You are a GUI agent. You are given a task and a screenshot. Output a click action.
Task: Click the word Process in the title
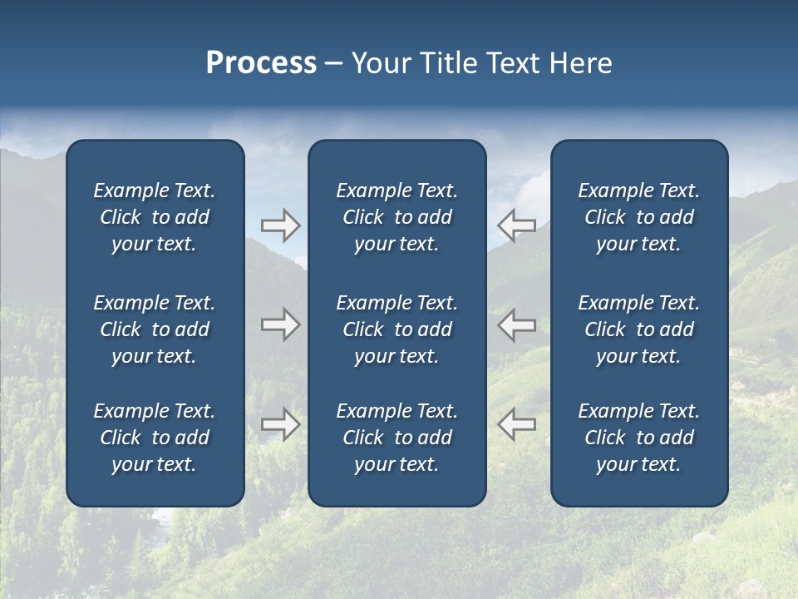point(261,63)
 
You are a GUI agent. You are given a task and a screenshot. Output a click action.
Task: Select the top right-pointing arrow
point(280,225)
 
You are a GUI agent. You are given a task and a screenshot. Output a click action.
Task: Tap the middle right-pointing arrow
point(280,324)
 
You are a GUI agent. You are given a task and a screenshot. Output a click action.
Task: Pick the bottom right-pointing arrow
point(280,424)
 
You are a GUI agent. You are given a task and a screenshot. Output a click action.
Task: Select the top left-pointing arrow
point(517,225)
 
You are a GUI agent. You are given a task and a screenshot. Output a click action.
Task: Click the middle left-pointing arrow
point(517,324)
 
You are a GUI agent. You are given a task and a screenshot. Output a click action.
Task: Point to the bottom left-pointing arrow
point(517,424)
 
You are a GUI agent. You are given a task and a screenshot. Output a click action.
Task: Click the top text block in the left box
point(155,217)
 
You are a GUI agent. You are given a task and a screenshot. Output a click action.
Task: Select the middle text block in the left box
point(155,329)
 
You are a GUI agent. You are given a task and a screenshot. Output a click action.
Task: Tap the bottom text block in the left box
point(155,438)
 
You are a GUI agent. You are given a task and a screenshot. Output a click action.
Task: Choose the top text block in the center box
point(397,217)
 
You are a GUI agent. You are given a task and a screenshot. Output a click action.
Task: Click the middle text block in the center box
point(397,329)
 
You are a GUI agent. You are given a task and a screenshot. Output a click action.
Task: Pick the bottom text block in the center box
point(397,438)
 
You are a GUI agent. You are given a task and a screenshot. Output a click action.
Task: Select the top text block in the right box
point(638,217)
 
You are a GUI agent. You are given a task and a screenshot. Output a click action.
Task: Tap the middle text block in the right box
point(638,329)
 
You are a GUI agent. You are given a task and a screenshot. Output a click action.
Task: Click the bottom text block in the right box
point(638,438)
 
